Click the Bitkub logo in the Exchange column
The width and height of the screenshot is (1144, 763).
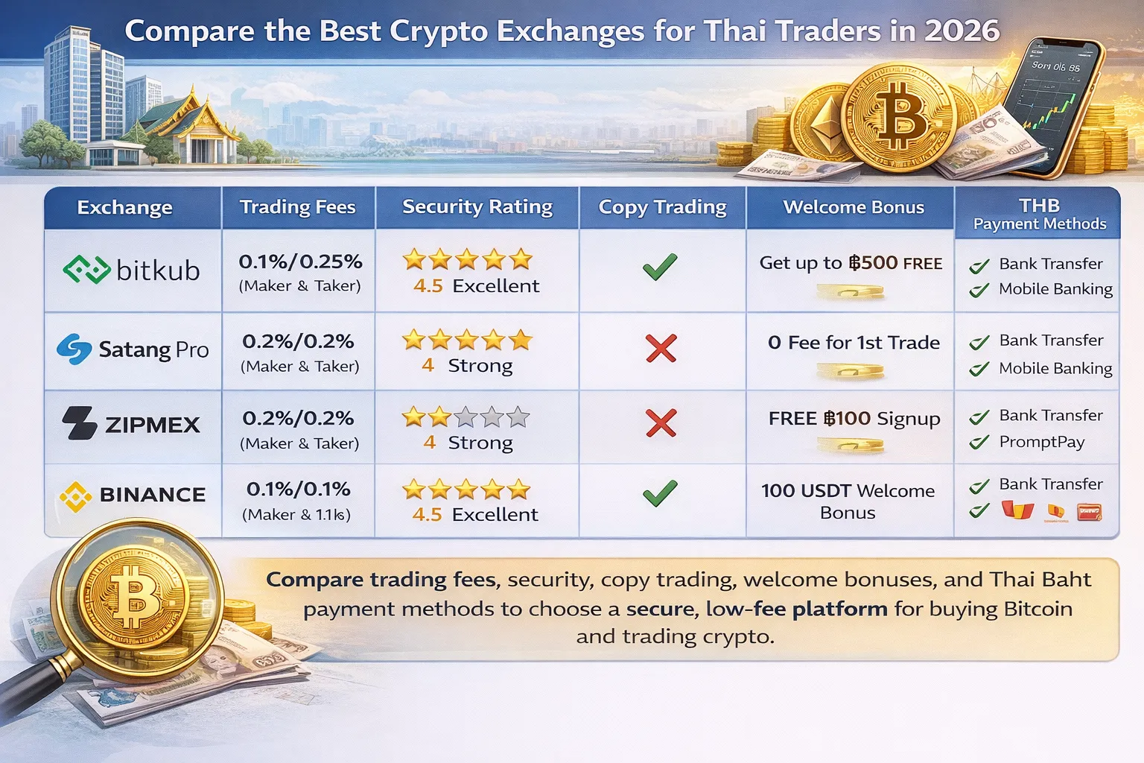132,270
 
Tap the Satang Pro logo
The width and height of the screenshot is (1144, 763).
133,349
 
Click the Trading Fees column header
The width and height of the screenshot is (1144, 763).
297,207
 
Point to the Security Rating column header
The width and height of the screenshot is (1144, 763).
477,207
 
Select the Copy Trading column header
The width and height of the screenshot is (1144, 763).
662,207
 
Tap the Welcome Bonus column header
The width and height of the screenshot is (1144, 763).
854,207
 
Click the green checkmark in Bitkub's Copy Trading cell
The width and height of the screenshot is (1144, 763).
660,267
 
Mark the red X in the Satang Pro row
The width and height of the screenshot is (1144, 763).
661,348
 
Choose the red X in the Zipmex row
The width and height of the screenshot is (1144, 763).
661,423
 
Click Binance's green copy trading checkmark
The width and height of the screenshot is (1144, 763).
660,493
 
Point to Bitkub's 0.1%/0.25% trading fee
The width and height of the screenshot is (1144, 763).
300,262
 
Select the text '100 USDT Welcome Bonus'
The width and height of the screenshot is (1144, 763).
848,501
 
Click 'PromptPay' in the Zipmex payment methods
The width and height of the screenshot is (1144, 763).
1041,442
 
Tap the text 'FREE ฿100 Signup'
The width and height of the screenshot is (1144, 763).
854,419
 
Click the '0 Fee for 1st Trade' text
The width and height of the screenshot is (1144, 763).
854,343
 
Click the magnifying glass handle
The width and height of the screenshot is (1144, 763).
34,686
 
